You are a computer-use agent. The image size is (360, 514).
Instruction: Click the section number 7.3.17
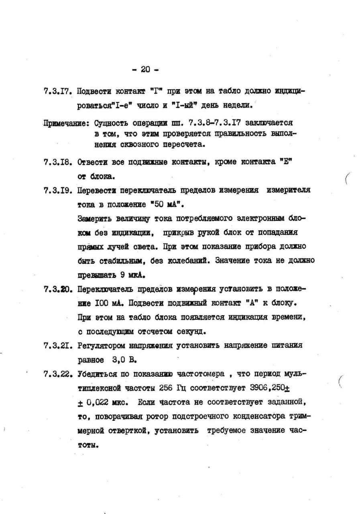tap(57, 91)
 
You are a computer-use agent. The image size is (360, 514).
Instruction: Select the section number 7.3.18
tap(57, 163)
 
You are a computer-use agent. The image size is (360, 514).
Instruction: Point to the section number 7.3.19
tap(57, 190)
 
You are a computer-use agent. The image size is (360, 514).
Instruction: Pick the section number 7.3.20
tap(57, 289)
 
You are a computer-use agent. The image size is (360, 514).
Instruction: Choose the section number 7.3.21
tap(57, 345)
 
